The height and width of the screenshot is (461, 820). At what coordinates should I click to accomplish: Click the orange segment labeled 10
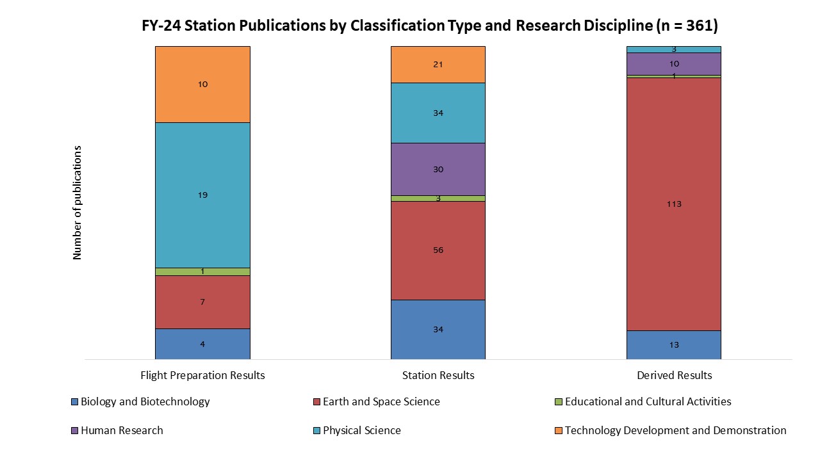(x=202, y=84)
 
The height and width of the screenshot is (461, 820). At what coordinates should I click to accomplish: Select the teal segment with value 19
(x=202, y=195)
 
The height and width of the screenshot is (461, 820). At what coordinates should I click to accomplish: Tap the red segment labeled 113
(x=673, y=204)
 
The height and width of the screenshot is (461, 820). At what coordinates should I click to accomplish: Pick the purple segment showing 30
(x=438, y=169)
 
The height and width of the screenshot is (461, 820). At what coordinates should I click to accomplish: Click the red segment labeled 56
(x=438, y=250)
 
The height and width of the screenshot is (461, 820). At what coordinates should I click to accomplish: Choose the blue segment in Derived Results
(x=673, y=344)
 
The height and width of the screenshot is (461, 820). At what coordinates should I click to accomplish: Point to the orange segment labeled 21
(x=438, y=64)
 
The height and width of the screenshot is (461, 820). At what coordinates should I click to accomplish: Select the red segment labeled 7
(x=202, y=302)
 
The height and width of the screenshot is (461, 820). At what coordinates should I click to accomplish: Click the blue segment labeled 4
(x=202, y=344)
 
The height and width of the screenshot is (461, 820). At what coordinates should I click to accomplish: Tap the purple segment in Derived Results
(x=673, y=63)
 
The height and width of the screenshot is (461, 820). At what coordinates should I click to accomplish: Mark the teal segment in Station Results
(x=438, y=113)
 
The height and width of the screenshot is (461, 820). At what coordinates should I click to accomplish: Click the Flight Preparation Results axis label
(x=202, y=375)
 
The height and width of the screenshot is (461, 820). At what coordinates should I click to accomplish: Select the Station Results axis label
(x=438, y=375)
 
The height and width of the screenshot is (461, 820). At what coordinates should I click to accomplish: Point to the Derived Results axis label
(x=674, y=375)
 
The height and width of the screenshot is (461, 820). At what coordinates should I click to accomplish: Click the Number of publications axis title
(x=78, y=202)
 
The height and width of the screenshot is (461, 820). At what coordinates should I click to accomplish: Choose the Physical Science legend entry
(x=361, y=430)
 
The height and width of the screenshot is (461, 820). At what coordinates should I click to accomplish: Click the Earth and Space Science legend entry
(x=381, y=402)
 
